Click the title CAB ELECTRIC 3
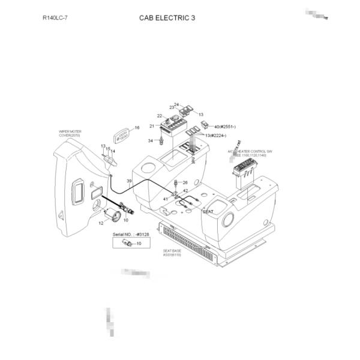click(x=167, y=18)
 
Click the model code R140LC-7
click(x=55, y=18)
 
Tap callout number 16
click(x=137, y=128)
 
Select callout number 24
click(x=177, y=104)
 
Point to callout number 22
click(x=160, y=115)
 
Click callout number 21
click(x=152, y=126)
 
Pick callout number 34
click(x=151, y=140)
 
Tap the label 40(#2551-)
click(x=225, y=127)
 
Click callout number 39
click(x=129, y=181)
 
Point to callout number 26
click(x=185, y=182)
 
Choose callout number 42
click(x=185, y=190)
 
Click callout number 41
click(x=166, y=199)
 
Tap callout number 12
click(x=101, y=223)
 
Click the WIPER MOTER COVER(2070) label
click(x=71, y=133)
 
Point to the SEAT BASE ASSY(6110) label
click(x=172, y=253)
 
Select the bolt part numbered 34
click(x=160, y=142)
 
